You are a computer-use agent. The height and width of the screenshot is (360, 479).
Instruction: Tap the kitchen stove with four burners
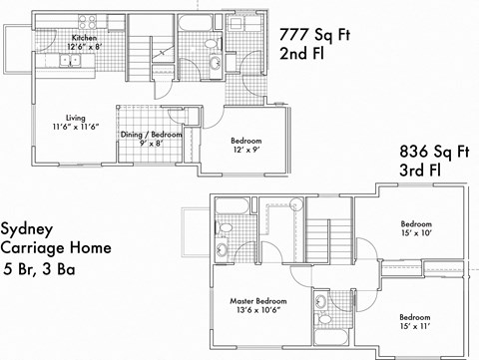[87, 21]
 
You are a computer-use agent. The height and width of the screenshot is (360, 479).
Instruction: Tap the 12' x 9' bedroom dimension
[245, 149]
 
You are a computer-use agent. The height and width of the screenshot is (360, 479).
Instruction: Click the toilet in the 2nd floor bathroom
[216, 63]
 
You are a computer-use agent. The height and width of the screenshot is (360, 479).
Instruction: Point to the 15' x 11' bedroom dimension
[416, 326]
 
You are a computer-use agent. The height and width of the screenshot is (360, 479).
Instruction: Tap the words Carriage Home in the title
[56, 247]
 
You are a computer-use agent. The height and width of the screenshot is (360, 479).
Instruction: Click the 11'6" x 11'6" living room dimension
[76, 126]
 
